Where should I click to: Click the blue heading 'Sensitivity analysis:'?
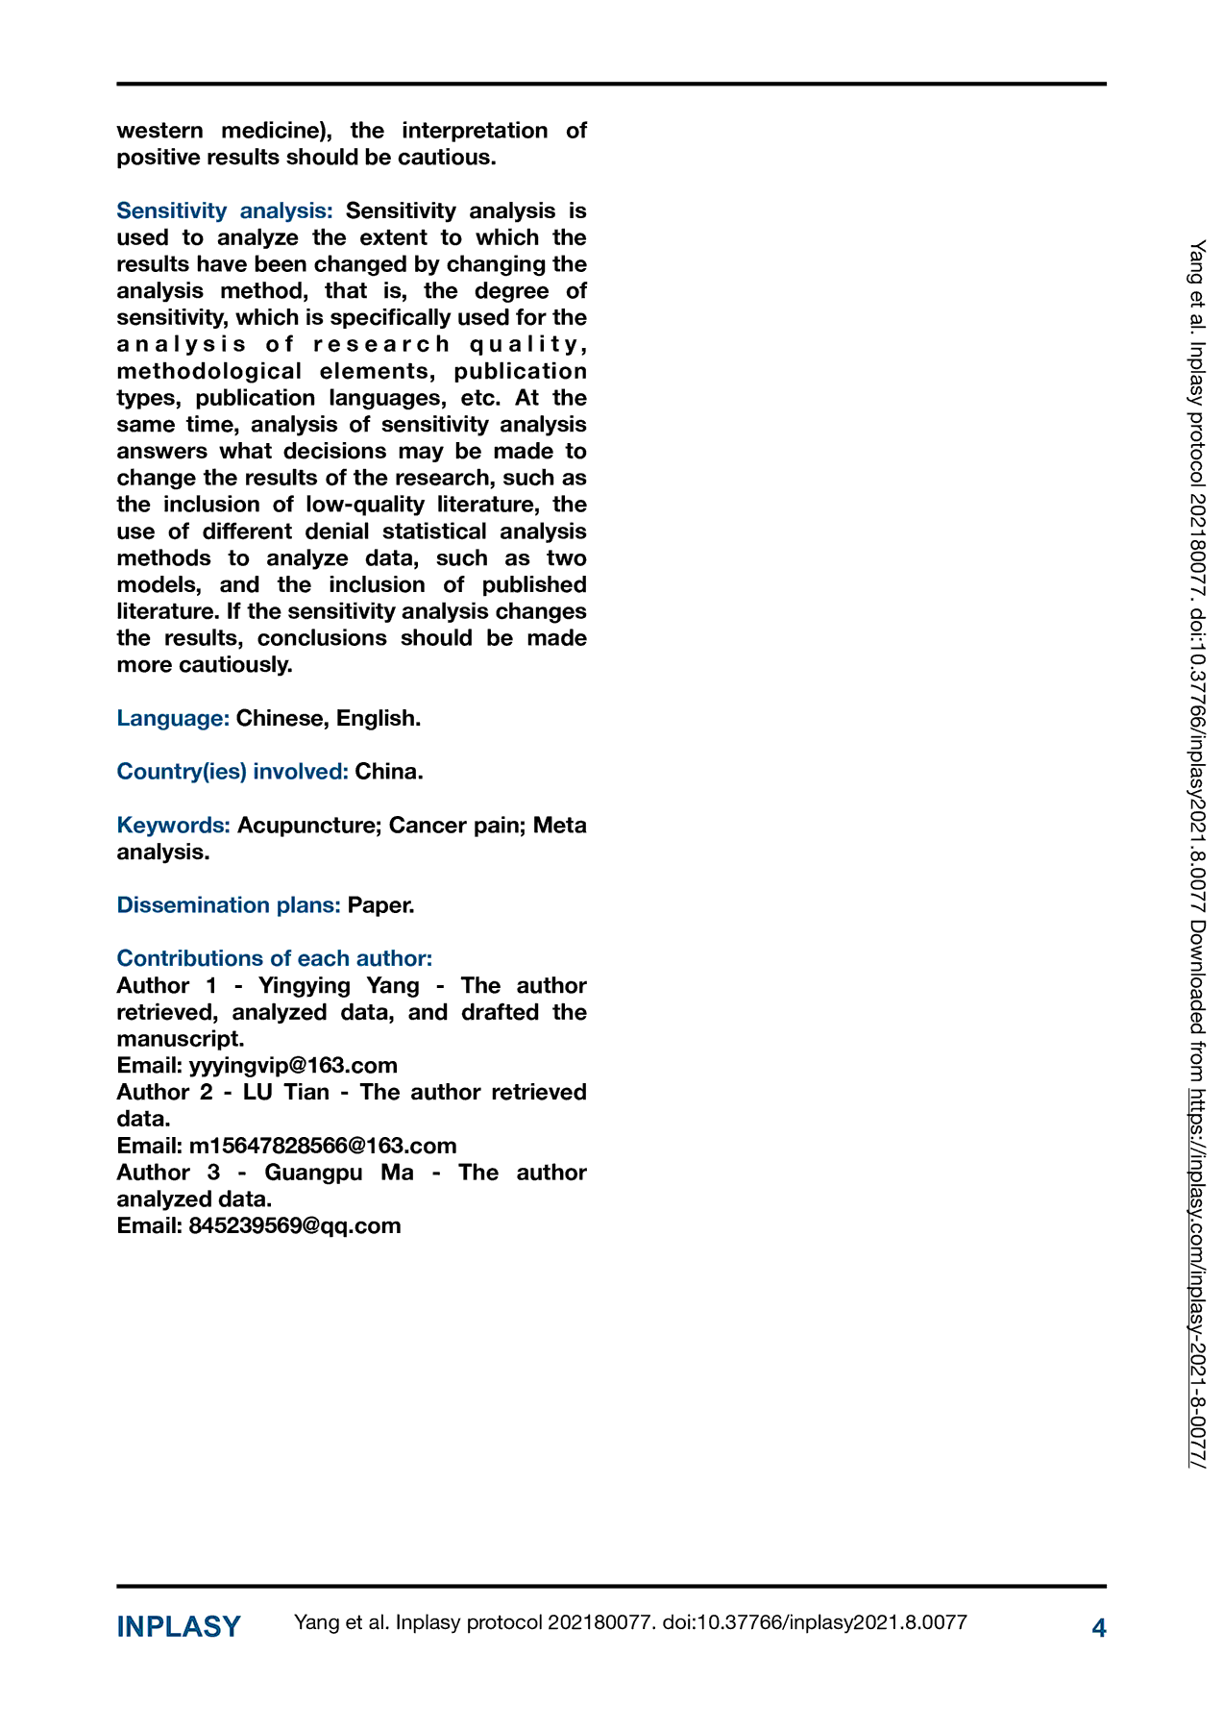point(225,210)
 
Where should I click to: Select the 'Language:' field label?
point(173,718)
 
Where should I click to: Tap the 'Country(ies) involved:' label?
point(232,772)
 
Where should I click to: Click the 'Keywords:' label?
point(174,826)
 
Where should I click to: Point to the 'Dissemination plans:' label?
point(229,905)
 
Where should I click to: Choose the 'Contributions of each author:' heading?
point(275,958)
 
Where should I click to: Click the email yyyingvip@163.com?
point(293,1066)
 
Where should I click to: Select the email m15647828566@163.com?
point(323,1146)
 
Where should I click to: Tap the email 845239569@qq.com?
point(295,1226)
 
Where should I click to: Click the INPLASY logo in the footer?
point(179,1627)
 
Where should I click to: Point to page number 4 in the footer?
point(1099,1628)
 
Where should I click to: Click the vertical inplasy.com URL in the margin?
point(1197,1278)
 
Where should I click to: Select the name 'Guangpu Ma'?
point(339,1173)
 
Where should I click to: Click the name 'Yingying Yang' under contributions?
point(339,986)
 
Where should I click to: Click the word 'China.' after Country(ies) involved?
point(389,772)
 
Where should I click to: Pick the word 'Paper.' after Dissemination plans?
point(381,905)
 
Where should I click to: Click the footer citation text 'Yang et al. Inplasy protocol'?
point(418,1623)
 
